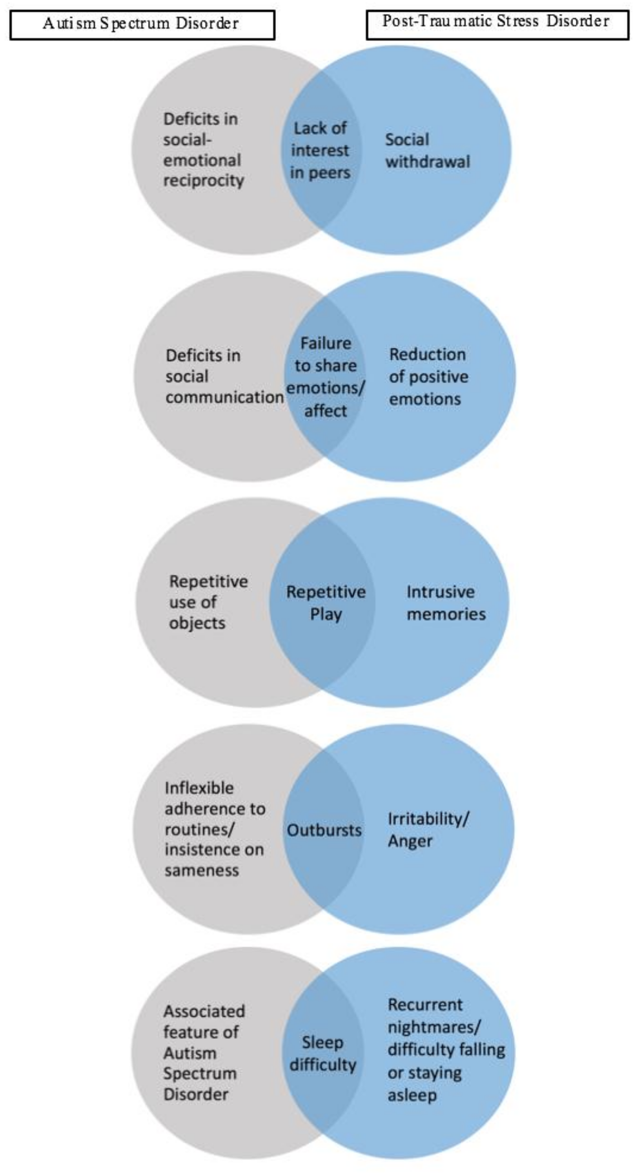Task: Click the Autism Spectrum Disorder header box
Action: pos(142,25)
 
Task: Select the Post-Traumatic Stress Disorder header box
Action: pos(497,25)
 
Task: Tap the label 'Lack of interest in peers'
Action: pos(320,151)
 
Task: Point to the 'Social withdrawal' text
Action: pos(427,151)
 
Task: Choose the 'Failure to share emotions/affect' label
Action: pos(325,377)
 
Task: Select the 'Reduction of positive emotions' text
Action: pos(428,377)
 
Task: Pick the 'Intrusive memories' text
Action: pos(446,603)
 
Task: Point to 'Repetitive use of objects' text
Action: pos(208,602)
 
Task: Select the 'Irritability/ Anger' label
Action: pos(428,830)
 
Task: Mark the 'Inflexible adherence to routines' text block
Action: pos(214,829)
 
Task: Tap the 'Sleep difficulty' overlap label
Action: pos(323,1054)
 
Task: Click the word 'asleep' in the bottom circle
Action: pos(412,1095)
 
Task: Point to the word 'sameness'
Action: pos(202,870)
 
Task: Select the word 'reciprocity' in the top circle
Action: pos(203,180)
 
